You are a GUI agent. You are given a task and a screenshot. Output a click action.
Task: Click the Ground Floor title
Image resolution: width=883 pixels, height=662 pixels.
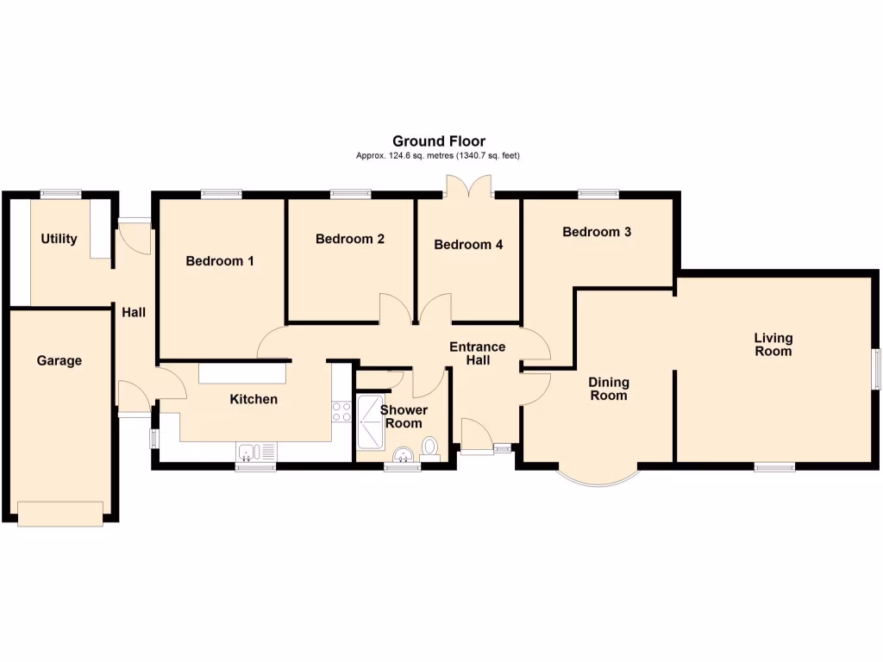[x=438, y=141]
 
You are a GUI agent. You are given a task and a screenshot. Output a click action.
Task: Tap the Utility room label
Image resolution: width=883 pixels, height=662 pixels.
[x=59, y=239]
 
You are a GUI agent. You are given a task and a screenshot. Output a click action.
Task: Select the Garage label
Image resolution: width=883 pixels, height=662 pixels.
[x=59, y=360]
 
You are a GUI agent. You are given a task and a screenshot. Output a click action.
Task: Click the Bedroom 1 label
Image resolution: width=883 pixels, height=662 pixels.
[x=219, y=260]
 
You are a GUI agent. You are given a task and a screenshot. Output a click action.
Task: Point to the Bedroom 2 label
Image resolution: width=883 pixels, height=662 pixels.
[x=349, y=239]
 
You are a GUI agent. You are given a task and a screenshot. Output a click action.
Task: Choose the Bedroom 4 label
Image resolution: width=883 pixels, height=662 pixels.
[x=468, y=245]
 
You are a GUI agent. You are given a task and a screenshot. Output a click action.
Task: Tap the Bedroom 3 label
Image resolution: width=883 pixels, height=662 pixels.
[x=597, y=232]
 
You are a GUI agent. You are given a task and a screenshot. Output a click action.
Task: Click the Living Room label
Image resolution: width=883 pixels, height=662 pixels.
[x=773, y=345]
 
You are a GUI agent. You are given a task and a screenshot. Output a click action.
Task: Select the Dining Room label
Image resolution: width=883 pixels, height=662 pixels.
[x=609, y=389]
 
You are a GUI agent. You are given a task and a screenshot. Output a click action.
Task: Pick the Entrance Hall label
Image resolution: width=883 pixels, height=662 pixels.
[x=478, y=353]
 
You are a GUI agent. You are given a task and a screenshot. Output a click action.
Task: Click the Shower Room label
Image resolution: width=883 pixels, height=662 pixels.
[x=404, y=416]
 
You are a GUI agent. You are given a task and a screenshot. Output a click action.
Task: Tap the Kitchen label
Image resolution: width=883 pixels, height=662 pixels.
[x=254, y=399]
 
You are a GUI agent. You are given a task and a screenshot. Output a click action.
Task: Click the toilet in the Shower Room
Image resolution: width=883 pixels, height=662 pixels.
[x=429, y=446]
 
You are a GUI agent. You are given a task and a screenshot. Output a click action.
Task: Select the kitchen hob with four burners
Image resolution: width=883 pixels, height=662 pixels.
[x=341, y=411]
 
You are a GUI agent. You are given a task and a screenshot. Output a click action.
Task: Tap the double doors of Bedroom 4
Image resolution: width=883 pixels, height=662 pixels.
[x=467, y=186]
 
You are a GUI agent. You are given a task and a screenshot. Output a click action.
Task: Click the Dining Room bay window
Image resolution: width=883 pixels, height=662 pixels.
[x=598, y=478]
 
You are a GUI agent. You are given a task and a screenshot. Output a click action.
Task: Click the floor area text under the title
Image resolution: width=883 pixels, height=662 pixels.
[x=438, y=156]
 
